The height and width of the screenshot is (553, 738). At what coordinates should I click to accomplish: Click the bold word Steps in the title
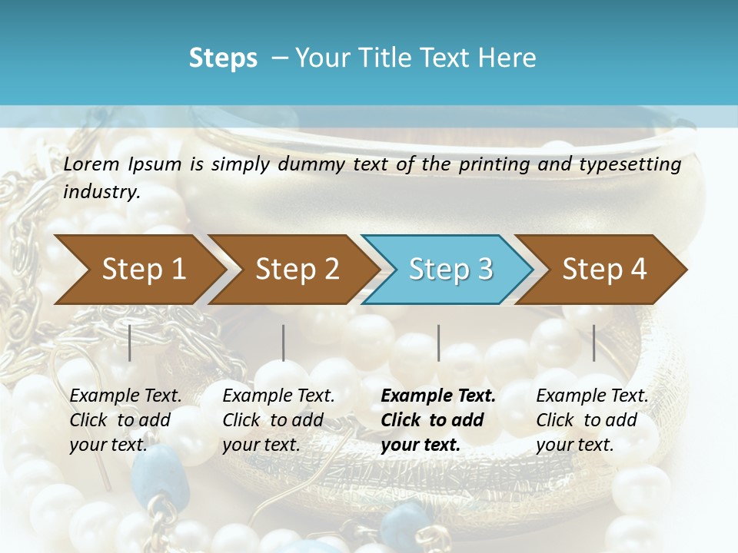(x=223, y=58)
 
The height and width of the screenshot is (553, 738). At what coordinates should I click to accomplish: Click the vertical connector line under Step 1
(x=130, y=343)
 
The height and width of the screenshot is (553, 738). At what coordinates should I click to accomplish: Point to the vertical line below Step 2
(x=284, y=343)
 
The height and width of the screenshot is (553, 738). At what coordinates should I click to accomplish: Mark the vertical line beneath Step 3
(x=439, y=343)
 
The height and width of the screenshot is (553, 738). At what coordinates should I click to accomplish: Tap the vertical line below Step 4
(x=594, y=343)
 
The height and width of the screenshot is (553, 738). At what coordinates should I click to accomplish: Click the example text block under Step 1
(x=125, y=420)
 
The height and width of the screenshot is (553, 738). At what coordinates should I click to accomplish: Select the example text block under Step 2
(x=278, y=420)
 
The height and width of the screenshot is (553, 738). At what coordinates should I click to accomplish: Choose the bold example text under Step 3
(x=438, y=420)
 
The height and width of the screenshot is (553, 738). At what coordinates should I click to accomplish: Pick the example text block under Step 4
(x=592, y=420)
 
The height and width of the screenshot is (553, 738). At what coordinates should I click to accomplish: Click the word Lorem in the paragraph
(x=91, y=164)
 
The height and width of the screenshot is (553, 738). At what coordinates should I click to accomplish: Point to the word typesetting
(x=637, y=164)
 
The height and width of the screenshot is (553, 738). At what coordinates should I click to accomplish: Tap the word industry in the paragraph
(x=101, y=191)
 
